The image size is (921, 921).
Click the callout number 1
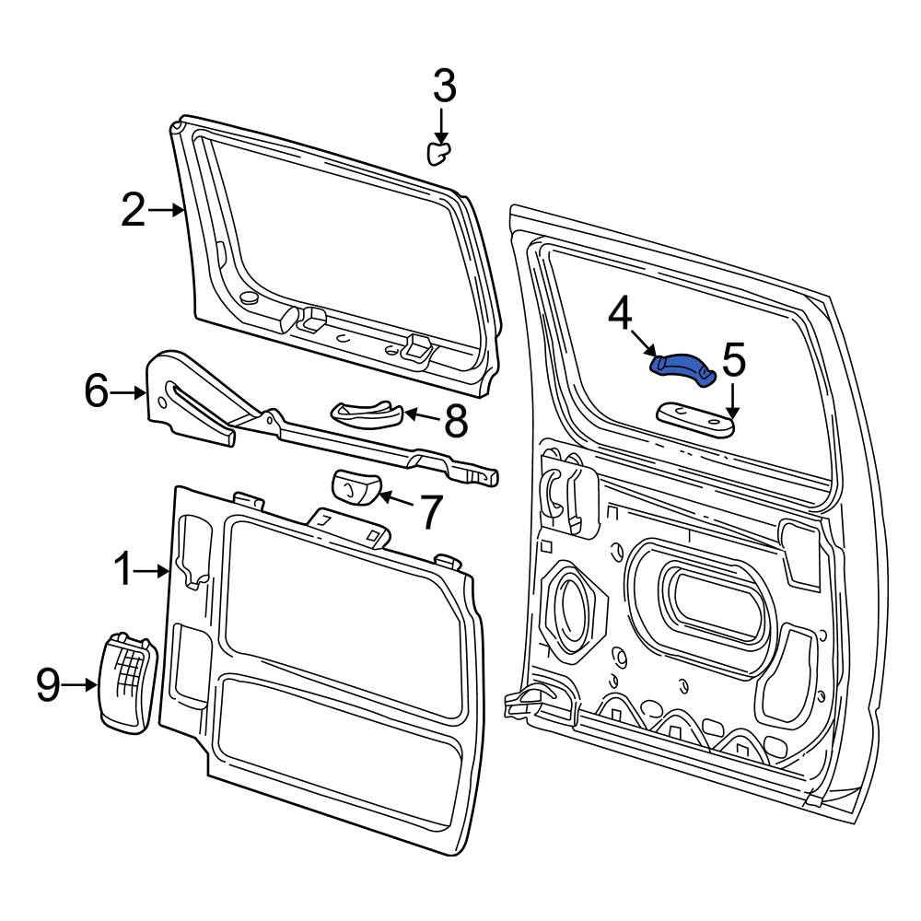point(124,568)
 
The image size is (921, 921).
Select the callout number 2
point(133,210)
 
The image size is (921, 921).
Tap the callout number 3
point(445,86)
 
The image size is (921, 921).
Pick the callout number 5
point(734,359)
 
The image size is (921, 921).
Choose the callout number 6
point(97,391)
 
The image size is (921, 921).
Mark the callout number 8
point(456,421)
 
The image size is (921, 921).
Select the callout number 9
point(48,684)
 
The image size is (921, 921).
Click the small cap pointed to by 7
point(356,487)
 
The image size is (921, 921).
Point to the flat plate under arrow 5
point(694,419)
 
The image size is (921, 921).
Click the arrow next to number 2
point(166,210)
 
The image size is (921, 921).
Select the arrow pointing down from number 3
point(441,125)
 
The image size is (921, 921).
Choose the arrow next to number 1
point(152,570)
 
